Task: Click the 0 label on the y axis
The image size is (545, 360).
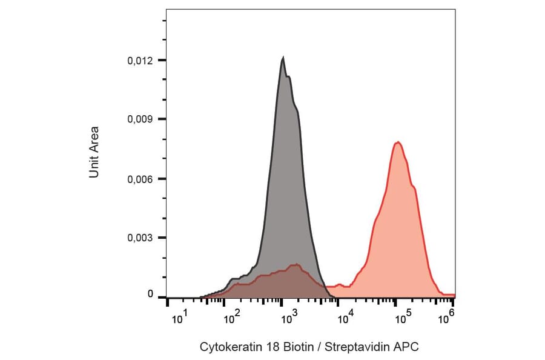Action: (x=151, y=294)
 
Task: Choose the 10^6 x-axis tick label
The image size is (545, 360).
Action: (x=448, y=315)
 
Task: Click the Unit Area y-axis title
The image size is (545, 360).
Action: (x=94, y=152)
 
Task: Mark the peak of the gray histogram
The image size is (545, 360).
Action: (x=283, y=58)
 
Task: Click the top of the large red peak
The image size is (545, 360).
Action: (x=398, y=142)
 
